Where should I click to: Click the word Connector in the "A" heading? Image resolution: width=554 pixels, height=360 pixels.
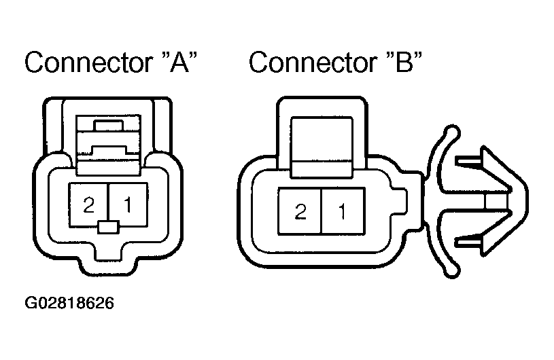[x=88, y=62]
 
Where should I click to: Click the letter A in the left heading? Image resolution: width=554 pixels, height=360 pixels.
[x=179, y=62]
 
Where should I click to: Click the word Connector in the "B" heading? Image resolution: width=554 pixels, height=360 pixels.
[x=313, y=62]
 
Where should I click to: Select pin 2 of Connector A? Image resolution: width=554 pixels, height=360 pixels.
[x=88, y=204]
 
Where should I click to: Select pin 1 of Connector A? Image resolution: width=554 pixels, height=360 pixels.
[x=128, y=204]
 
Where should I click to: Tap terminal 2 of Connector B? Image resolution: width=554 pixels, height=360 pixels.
[x=300, y=211]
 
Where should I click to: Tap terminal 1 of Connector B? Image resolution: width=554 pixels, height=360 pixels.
[x=343, y=211]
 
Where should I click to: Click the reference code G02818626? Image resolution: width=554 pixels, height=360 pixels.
[x=69, y=303]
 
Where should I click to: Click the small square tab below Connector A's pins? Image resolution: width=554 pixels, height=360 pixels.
[x=109, y=227]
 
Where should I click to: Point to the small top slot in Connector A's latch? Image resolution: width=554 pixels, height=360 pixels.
[x=108, y=126]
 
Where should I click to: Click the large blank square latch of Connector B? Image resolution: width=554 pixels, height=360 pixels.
[x=322, y=139]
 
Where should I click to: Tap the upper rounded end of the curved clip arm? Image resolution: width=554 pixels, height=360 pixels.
[x=452, y=132]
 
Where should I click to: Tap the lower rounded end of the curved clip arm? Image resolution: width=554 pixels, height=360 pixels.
[x=452, y=270]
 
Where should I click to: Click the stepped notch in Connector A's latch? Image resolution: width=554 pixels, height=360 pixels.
[x=109, y=149]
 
